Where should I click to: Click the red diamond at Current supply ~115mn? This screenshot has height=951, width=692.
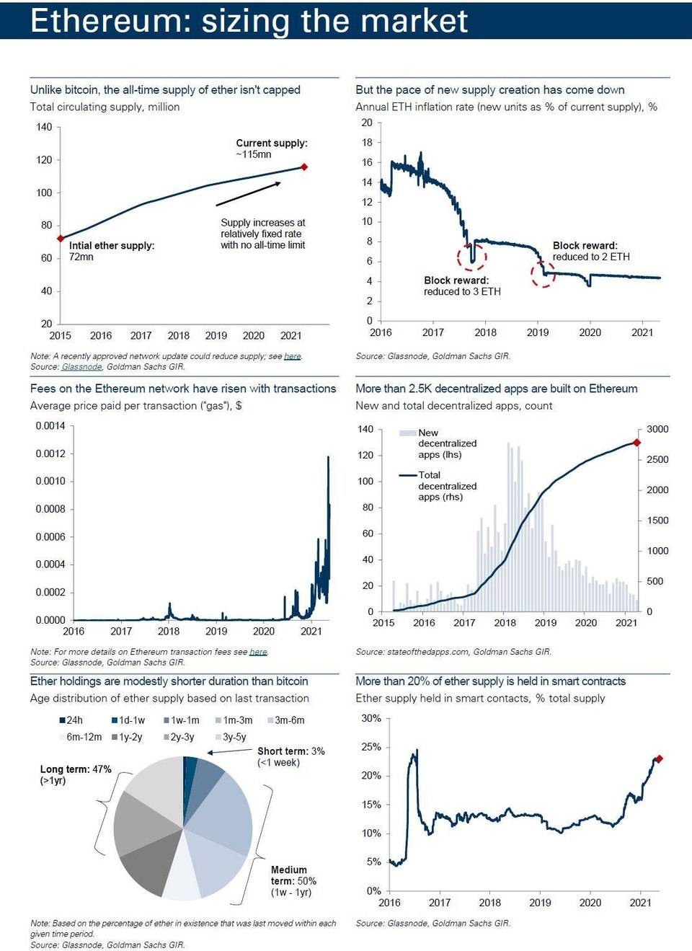304,167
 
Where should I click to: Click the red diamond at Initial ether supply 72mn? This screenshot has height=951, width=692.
61,238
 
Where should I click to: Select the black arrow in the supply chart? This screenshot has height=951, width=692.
248,194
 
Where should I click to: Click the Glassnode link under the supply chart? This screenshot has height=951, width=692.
81,366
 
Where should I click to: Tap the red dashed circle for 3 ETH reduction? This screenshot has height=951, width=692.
471,256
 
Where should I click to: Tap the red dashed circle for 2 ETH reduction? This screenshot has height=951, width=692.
543,274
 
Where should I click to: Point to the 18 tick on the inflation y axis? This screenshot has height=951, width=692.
368,143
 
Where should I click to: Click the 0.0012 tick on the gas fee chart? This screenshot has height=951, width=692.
50,454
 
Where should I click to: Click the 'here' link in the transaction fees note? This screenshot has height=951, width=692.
258,652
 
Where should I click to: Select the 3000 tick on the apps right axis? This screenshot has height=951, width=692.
657,429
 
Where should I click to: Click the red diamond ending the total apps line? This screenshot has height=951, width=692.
636,442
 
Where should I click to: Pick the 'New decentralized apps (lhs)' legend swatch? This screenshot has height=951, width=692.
408,433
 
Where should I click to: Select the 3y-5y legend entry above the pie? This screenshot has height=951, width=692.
230,737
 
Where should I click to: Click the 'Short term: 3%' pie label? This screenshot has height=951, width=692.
290,751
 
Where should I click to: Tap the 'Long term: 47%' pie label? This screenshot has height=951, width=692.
76,769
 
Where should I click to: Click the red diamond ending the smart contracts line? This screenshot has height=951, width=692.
658,758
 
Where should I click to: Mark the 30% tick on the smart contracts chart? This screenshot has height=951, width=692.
371,718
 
